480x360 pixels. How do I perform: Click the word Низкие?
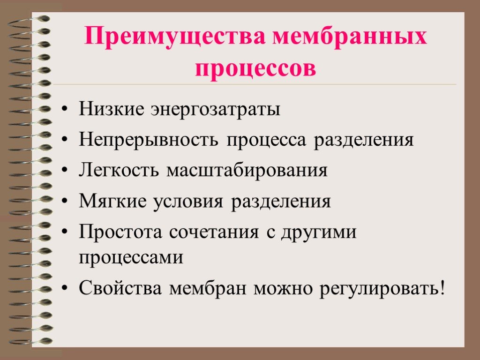112,108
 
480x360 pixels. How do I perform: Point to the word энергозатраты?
216,110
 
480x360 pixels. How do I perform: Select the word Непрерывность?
149,140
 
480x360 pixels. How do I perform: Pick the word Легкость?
119,170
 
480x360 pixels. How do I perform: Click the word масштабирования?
247,171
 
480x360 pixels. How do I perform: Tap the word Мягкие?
112,201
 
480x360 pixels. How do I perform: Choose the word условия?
188,202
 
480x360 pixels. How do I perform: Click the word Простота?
120,232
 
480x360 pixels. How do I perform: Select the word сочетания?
214,232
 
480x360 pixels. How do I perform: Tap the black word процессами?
131,258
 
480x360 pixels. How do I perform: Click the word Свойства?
120,288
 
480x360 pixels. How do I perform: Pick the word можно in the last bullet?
283,289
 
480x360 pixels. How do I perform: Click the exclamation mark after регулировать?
442,288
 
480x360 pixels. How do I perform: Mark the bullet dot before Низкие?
64,109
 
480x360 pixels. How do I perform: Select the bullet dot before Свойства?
64,289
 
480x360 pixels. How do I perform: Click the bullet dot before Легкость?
64,171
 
